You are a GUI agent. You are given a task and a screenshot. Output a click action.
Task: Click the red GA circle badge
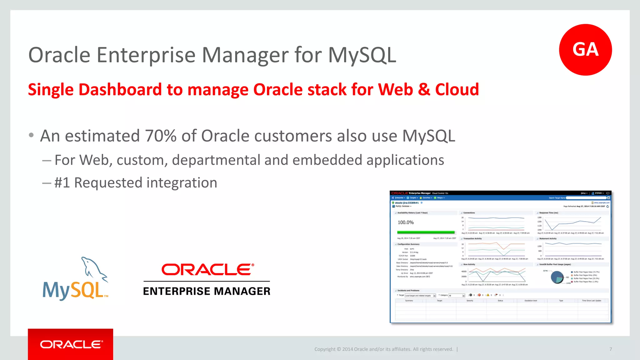(585, 50)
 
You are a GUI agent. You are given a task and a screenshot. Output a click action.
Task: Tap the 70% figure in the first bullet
(161, 136)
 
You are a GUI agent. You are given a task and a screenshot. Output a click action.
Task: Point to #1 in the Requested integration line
(62, 183)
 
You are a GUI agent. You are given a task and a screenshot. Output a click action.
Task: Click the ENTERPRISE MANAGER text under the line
(207, 291)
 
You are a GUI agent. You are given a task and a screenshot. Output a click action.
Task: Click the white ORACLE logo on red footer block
(71, 344)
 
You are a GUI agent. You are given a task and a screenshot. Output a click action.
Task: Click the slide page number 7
(610, 349)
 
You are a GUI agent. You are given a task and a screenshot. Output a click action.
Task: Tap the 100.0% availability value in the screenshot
(405, 222)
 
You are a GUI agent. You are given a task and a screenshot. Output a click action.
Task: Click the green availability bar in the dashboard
(426, 232)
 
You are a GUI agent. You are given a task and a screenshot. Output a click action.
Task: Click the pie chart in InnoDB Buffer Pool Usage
(557, 277)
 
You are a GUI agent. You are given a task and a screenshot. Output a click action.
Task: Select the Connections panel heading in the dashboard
(469, 213)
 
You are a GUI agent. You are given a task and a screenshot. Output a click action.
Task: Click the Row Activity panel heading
(469, 264)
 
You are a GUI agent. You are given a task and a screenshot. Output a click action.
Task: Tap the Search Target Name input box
(586, 198)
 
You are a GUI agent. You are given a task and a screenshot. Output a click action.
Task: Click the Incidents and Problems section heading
(408, 290)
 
